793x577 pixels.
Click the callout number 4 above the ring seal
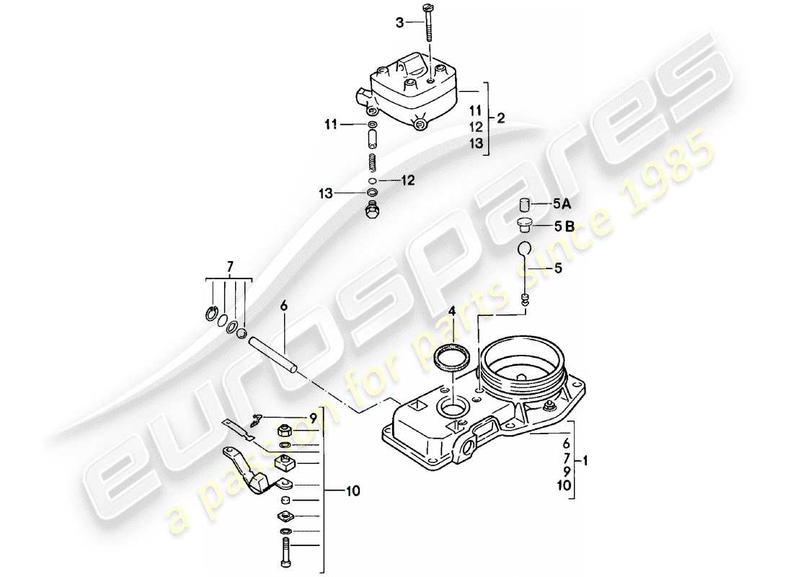[x=451, y=312]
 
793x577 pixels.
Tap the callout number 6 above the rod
[x=283, y=306]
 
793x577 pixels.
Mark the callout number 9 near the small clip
[x=313, y=417]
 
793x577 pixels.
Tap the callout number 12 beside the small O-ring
[x=409, y=180]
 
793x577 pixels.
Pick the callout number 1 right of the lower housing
[x=586, y=459]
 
